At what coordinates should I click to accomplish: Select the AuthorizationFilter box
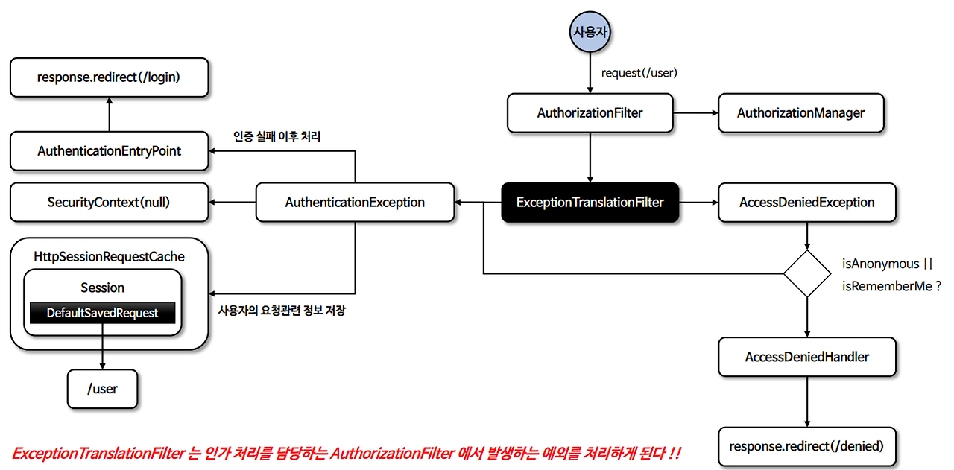point(590,113)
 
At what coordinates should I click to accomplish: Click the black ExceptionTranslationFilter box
point(590,202)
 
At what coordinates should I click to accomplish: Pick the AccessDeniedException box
point(806,202)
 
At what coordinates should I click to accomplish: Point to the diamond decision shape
point(807,274)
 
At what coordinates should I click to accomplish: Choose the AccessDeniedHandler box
point(806,357)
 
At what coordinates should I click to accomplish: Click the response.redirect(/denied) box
point(806,446)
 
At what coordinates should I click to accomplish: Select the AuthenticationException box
point(355,202)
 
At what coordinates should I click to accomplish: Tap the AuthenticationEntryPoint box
point(109,151)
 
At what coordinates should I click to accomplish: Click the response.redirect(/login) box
point(109,77)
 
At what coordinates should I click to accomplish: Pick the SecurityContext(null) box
point(109,202)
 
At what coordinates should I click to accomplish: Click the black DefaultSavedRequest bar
point(102,313)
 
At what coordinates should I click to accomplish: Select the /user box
point(102,388)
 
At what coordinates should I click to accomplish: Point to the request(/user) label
point(639,73)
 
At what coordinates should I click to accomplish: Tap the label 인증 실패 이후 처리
point(277,136)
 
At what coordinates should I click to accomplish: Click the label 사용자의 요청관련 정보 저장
point(281,310)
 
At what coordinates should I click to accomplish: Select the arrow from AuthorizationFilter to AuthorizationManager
point(695,113)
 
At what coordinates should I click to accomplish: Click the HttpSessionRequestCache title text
point(109,256)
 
